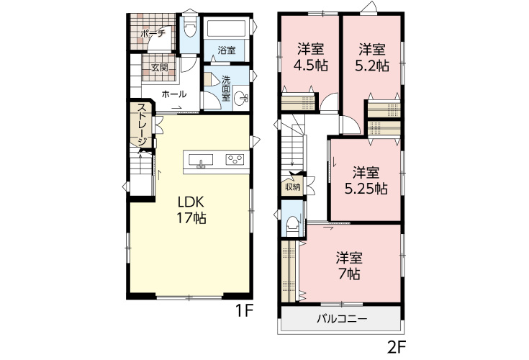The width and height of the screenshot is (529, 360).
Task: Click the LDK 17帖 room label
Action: [x=191, y=210]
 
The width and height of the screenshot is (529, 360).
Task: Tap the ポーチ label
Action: [x=153, y=33]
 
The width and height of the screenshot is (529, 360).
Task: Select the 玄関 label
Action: [x=159, y=68]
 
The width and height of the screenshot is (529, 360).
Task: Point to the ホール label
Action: [x=174, y=94]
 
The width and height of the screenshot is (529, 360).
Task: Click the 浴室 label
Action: [x=227, y=50]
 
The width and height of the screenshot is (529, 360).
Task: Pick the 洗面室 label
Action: [x=226, y=89]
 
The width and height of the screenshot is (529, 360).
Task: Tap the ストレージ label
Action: [x=142, y=125]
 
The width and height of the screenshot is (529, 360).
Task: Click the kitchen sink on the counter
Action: [x=201, y=160]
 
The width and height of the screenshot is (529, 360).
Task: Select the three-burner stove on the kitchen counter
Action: [x=235, y=159]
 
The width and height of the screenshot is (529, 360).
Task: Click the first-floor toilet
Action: [x=190, y=27]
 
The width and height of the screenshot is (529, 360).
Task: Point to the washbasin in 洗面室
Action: [x=240, y=99]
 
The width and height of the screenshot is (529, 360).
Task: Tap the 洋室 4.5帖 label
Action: [x=310, y=58]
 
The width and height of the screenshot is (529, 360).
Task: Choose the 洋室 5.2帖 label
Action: [x=372, y=58]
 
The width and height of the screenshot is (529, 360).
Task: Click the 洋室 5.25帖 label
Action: [x=366, y=180]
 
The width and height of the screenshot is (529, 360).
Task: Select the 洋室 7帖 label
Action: [x=349, y=266]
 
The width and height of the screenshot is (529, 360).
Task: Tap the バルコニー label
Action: [x=342, y=319]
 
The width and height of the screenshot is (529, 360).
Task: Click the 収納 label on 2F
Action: [x=292, y=186]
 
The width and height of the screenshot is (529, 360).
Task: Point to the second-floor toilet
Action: [x=291, y=225]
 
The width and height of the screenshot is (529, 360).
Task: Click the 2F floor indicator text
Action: [x=396, y=348]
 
